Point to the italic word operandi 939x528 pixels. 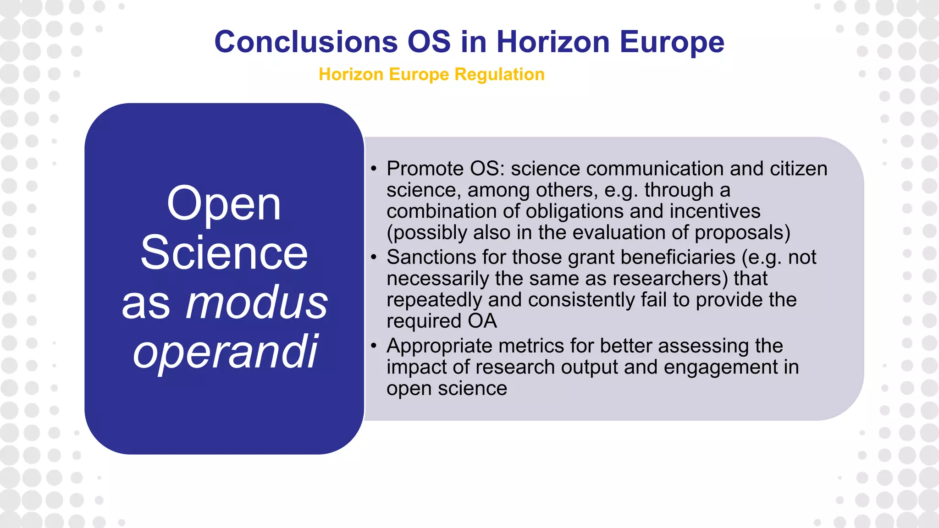[x=225, y=352]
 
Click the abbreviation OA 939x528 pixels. [x=482, y=321]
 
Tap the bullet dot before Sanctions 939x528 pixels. [x=374, y=258]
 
